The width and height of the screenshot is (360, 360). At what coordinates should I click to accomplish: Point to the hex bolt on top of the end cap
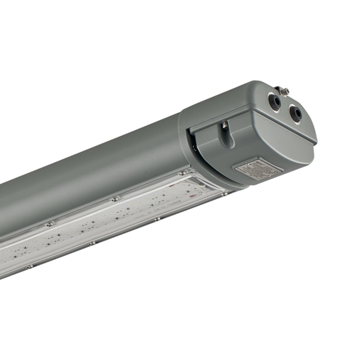[284, 92]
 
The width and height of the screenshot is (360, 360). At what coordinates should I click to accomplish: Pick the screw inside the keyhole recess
[225, 125]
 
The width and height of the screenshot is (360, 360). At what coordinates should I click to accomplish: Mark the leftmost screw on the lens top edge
[49, 224]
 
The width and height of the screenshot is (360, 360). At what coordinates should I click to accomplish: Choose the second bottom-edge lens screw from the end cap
[157, 219]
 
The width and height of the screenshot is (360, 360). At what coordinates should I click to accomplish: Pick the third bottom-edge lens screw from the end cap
[92, 243]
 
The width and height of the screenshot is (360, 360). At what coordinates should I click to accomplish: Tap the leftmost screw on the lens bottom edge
[29, 266]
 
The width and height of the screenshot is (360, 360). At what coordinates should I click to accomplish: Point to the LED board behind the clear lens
[108, 223]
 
